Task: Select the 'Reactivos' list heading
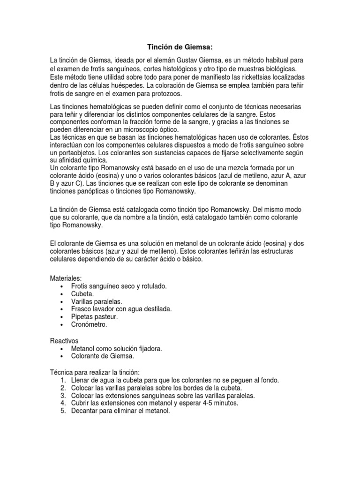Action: (64, 341)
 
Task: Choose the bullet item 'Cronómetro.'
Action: (89, 324)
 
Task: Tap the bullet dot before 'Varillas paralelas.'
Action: (62, 301)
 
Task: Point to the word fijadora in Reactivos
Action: (149, 349)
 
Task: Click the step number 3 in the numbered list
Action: (63, 396)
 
